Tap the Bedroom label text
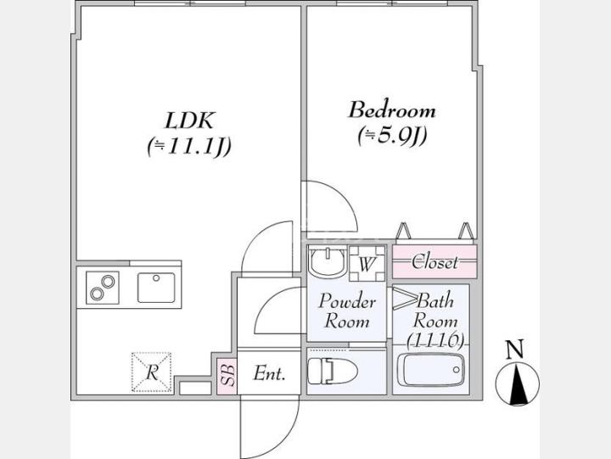pyautogui.click(x=392, y=110)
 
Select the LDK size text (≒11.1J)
pyautogui.click(x=188, y=147)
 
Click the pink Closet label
pyautogui.click(x=434, y=262)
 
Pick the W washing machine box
pyautogui.click(x=367, y=263)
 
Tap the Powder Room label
pyautogui.click(x=346, y=311)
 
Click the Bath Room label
pyautogui.click(x=436, y=311)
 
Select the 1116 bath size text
pyautogui.click(x=434, y=340)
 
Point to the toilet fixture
pyautogui.click(x=327, y=371)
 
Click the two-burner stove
pyautogui.click(x=103, y=287)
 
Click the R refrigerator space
pyautogui.click(x=151, y=372)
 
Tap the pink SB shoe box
pyautogui.click(x=227, y=373)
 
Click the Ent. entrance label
pyautogui.click(x=269, y=373)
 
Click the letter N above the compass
pyautogui.click(x=513, y=348)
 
